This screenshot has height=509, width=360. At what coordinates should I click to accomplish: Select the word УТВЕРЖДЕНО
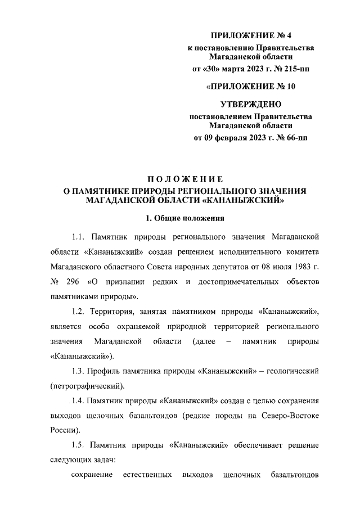(250, 104)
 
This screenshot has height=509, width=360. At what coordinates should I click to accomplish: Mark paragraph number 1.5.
(78, 445)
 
